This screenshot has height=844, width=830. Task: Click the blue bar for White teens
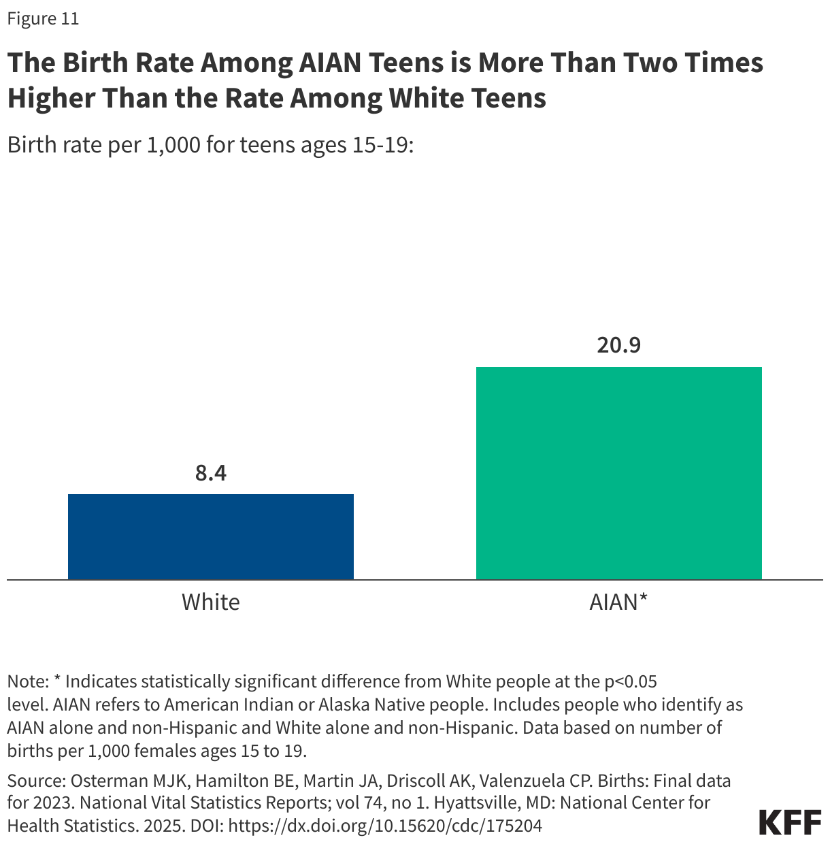pos(210,536)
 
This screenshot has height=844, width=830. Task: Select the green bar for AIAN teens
pos(618,473)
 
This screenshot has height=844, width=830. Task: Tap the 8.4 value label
pos(210,472)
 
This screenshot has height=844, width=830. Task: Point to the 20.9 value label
pos(618,345)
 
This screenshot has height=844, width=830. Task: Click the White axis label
pos(210,602)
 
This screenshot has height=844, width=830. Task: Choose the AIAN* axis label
pos(618,602)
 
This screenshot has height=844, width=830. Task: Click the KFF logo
pos(790,822)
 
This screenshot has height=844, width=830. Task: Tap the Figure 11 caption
pos(43,18)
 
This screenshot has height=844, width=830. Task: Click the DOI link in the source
pos(385,826)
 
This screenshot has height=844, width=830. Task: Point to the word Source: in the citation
pos(36,779)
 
